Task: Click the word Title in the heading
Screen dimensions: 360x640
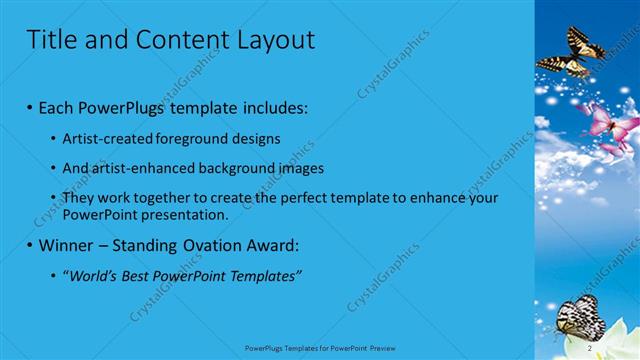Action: click(x=47, y=40)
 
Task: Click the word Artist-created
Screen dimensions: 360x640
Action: click(x=107, y=139)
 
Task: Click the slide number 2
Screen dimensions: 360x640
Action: click(x=590, y=348)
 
